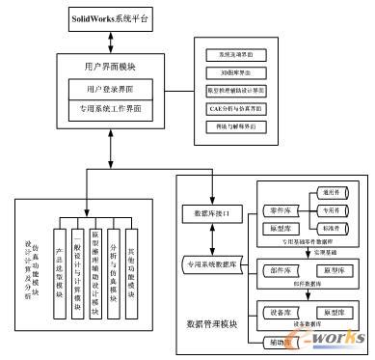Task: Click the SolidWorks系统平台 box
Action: pos(114,18)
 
